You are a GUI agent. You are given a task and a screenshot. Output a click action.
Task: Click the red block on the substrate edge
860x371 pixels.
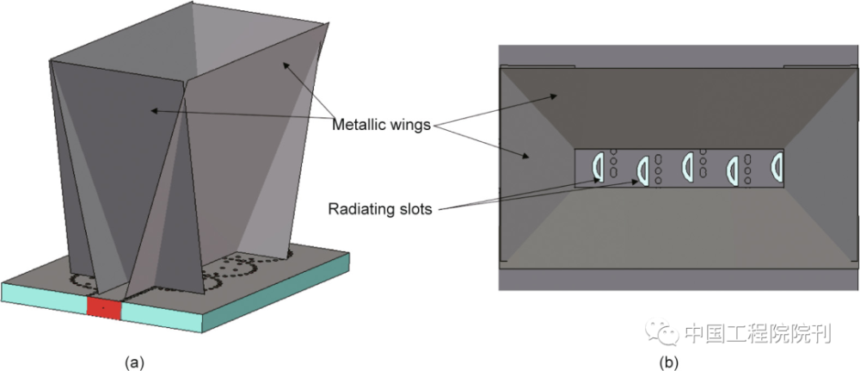pyautogui.click(x=104, y=308)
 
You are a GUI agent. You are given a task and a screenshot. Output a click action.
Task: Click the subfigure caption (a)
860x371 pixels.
pyautogui.click(x=134, y=362)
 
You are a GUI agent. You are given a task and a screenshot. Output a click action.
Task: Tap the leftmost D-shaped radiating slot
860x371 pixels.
pyautogui.click(x=598, y=167)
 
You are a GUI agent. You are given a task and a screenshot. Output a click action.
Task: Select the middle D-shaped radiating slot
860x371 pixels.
pyautogui.click(x=689, y=166)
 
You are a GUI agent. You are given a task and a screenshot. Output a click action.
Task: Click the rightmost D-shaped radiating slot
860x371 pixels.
pyautogui.click(x=777, y=166)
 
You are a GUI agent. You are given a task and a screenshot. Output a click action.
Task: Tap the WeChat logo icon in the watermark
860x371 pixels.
pyautogui.click(x=660, y=332)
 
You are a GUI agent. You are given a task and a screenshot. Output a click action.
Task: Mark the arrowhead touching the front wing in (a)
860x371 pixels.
pyautogui.click(x=155, y=111)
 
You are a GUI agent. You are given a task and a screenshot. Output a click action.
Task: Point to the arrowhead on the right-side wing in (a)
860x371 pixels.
pyautogui.click(x=286, y=66)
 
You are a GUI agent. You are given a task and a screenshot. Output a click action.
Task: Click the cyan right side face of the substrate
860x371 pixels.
pyautogui.click(x=276, y=293)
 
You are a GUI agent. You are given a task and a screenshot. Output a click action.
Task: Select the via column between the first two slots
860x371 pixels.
pyautogui.click(x=614, y=164)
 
